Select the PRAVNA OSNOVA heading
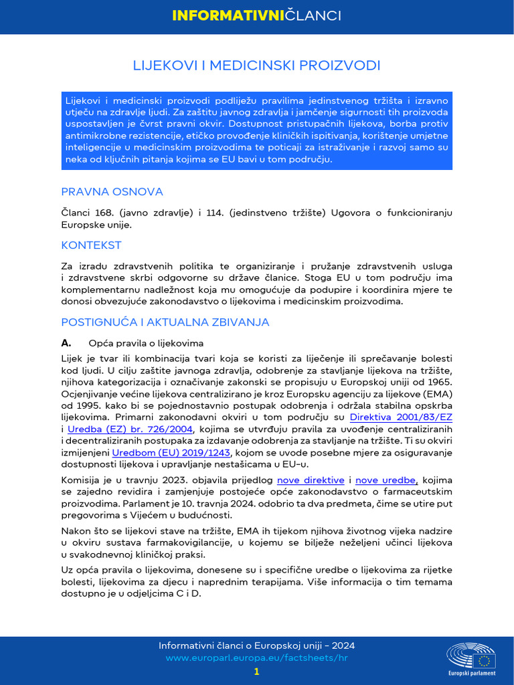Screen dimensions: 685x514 pyautogui.click(x=112, y=192)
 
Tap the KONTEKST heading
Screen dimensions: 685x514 pyautogui.click(x=91, y=246)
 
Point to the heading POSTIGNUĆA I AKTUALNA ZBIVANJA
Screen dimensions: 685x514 pyautogui.click(x=165, y=322)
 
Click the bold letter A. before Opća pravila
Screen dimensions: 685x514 pyautogui.click(x=66, y=342)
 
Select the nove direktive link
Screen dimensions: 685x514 pyautogui.click(x=311, y=480)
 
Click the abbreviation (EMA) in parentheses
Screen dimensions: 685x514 pyautogui.click(x=437, y=393)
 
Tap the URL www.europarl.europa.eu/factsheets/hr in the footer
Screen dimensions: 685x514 pyautogui.click(x=257, y=658)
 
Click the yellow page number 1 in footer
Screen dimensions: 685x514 pyautogui.click(x=256, y=672)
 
